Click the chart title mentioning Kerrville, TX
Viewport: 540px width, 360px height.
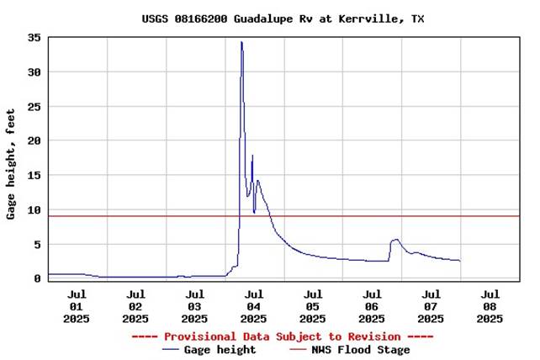pyautogui.click(x=283, y=19)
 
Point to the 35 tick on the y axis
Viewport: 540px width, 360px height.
pyautogui.click(x=34, y=38)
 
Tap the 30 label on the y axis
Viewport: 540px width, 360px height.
pyautogui.click(x=34, y=72)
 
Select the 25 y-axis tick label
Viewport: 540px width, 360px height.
pyautogui.click(x=34, y=107)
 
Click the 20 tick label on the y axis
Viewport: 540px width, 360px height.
pyautogui.click(x=34, y=141)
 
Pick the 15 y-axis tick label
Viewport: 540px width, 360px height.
pyautogui.click(x=34, y=176)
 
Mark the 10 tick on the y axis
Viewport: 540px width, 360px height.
pyautogui.click(x=34, y=210)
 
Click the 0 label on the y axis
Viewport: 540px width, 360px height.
pyautogui.click(x=38, y=278)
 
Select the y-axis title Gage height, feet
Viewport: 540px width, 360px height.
pyautogui.click(x=12, y=163)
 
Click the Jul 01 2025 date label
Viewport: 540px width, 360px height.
pyautogui.click(x=77, y=306)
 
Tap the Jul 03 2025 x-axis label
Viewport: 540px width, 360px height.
pyautogui.click(x=194, y=306)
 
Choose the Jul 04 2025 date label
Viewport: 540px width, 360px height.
pyautogui.click(x=253, y=306)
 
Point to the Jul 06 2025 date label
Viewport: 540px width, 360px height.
pyautogui.click(x=372, y=306)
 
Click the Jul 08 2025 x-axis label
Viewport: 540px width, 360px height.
pyautogui.click(x=490, y=306)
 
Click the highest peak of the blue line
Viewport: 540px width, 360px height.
pyautogui.click(x=241, y=42)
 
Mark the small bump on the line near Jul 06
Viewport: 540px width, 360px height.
pyautogui.click(x=395, y=240)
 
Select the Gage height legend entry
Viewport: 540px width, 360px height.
pyautogui.click(x=210, y=350)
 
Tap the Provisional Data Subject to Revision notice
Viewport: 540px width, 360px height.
pyautogui.click(x=283, y=336)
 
